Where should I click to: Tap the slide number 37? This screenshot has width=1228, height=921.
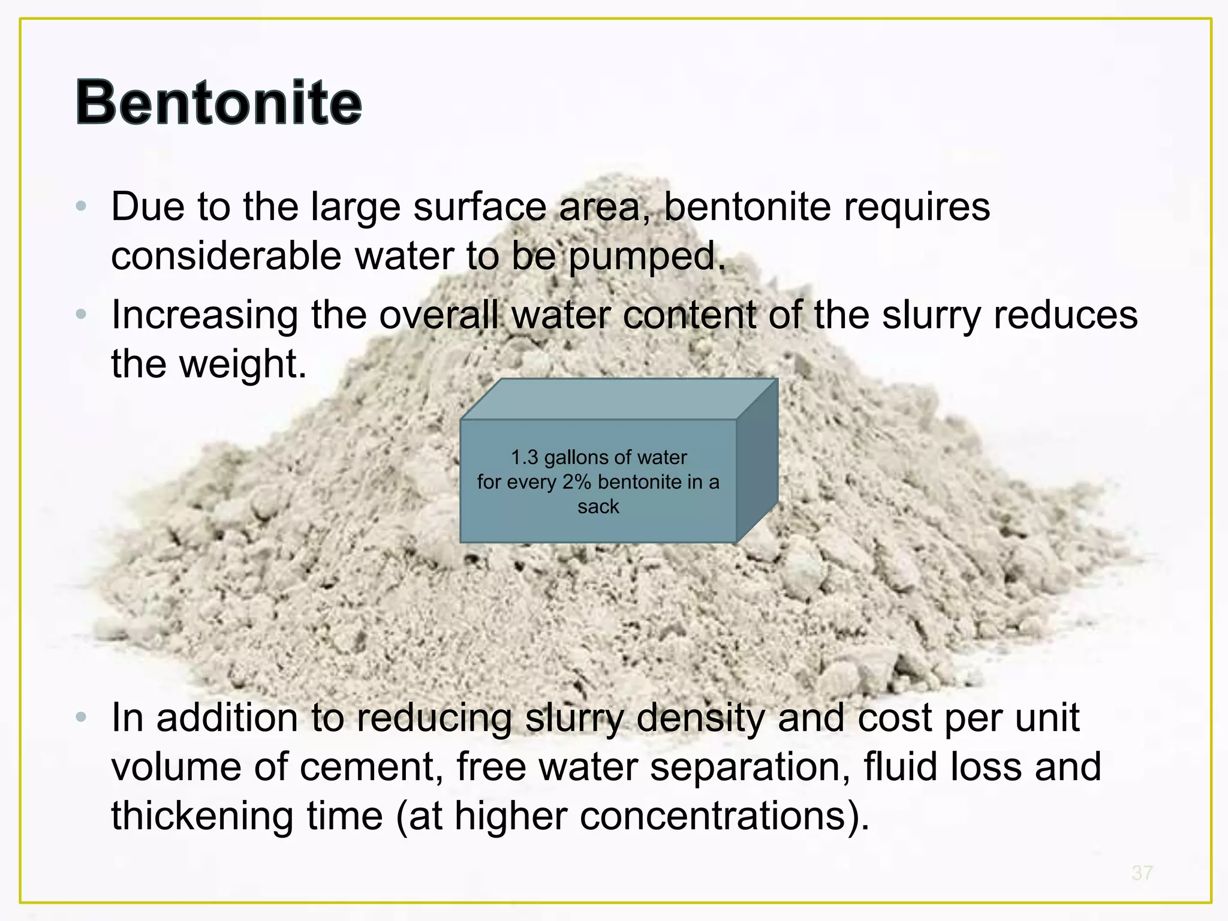click(1142, 873)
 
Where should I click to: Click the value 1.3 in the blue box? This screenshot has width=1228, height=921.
click(524, 458)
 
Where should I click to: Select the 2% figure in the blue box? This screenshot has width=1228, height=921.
click(576, 482)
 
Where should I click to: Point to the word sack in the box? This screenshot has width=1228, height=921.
click(598, 507)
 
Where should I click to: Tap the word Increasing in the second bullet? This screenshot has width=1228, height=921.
click(204, 315)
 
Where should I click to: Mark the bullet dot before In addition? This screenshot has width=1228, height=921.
click(82, 717)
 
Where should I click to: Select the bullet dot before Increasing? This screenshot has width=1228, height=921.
click(82, 314)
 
